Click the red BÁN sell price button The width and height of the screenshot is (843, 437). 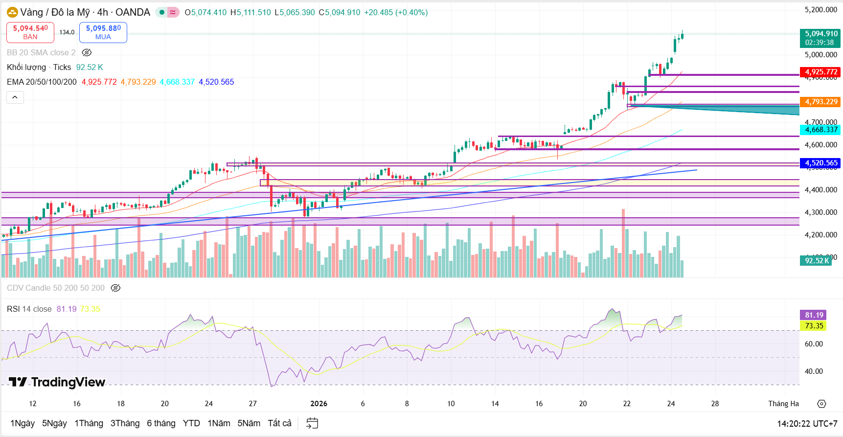(x=30, y=32)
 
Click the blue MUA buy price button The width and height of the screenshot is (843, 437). (x=103, y=32)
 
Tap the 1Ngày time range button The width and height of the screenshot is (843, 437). (x=23, y=423)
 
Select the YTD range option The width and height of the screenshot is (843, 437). (x=191, y=423)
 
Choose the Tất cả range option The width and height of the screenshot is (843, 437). (x=279, y=423)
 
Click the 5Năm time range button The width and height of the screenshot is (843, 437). (x=249, y=423)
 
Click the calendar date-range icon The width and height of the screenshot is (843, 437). (x=312, y=423)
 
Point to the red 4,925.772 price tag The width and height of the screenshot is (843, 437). (x=821, y=72)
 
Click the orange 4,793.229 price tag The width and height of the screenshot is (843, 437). (x=821, y=102)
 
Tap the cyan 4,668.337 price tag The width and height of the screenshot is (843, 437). (x=821, y=130)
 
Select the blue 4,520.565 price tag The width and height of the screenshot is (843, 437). (x=821, y=163)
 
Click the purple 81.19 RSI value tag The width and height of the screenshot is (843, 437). (x=814, y=315)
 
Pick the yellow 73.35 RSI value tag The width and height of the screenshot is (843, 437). (x=814, y=326)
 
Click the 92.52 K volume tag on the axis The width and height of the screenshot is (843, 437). (x=817, y=261)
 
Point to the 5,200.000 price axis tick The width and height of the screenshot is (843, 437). (x=820, y=10)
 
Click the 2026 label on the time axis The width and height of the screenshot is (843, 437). (x=319, y=404)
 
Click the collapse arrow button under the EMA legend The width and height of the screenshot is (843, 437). (x=15, y=97)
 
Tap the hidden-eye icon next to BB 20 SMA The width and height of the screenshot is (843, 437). (x=87, y=52)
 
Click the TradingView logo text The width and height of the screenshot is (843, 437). (x=57, y=382)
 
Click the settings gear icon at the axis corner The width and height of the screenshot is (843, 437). (x=821, y=404)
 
